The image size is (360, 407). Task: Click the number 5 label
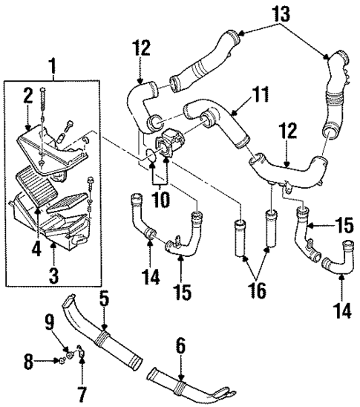[x=105, y=302]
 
